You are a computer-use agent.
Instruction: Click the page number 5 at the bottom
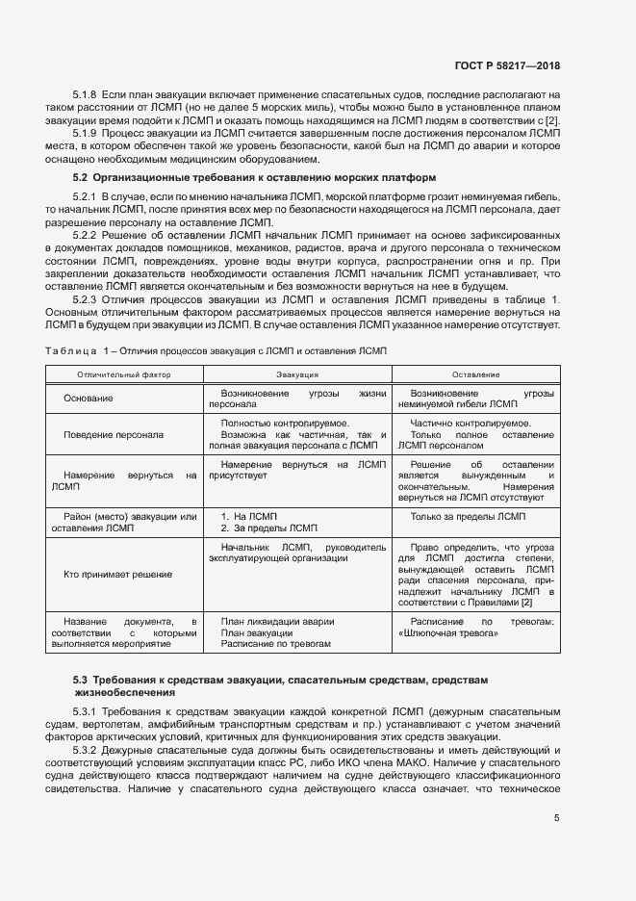pos(557,818)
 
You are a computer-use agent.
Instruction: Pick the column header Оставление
pos(475,373)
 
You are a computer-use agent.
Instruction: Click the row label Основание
pos(89,399)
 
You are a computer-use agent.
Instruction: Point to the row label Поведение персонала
pos(114,434)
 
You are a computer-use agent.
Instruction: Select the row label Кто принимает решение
pos(117,575)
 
